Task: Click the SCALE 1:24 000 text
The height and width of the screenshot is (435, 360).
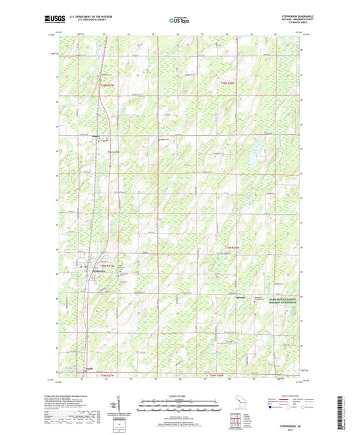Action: (x=180, y=396)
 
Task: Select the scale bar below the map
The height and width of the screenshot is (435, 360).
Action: (x=180, y=407)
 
